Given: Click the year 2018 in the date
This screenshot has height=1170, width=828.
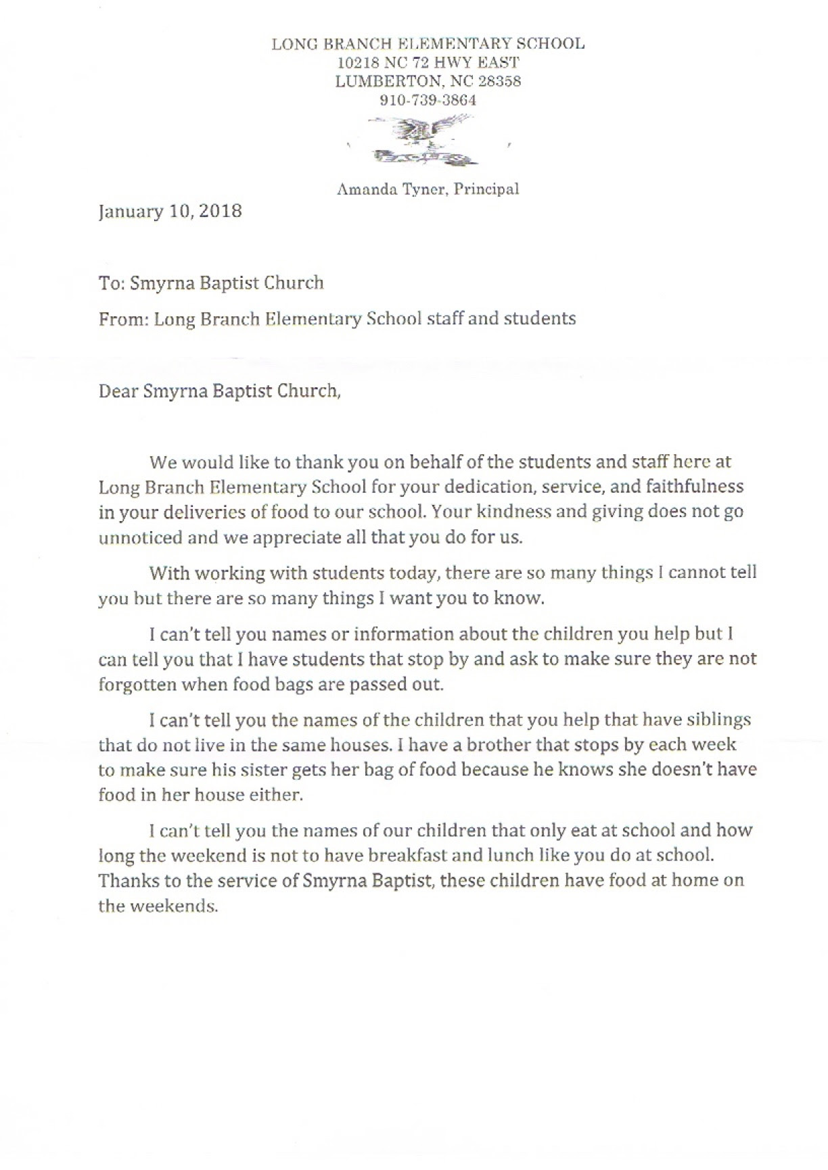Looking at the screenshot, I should tap(220, 211).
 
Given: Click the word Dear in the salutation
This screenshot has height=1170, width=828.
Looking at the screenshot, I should tap(118, 391).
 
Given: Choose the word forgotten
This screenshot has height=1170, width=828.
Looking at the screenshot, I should tap(141, 683).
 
